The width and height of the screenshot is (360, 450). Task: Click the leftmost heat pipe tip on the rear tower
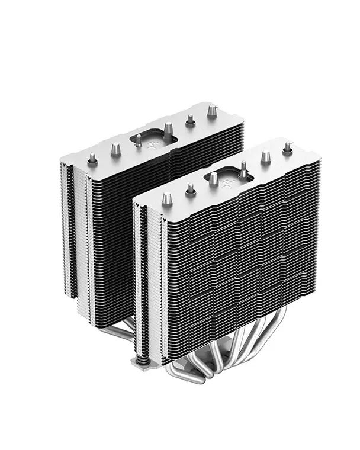tap(92, 159)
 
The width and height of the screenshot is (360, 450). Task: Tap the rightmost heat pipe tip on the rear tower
tap(212, 111)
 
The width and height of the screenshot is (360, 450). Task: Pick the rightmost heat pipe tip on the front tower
tap(288, 147)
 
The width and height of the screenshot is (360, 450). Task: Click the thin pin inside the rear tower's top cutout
tap(138, 140)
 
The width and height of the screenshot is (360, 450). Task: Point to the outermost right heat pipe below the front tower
tap(278, 332)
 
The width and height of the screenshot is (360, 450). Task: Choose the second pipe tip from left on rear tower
tap(115, 149)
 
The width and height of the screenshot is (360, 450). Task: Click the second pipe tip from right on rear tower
tap(190, 120)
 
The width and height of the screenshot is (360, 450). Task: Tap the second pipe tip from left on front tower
tap(191, 189)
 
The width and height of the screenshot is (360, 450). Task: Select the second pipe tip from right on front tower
tap(266, 157)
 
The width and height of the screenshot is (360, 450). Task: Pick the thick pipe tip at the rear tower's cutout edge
tap(168, 128)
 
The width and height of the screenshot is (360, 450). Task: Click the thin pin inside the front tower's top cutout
tap(243, 169)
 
